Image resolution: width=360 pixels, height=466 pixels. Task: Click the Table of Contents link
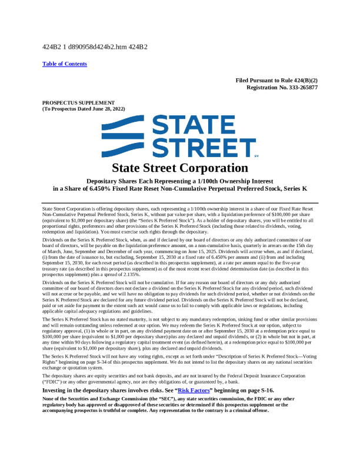point(65,64)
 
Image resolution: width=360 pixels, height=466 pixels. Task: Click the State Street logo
point(180,137)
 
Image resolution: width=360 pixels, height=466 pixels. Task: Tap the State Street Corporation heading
point(179,168)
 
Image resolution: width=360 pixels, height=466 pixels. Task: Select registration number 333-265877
point(298,87)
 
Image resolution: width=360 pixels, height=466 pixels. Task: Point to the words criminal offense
point(251,411)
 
